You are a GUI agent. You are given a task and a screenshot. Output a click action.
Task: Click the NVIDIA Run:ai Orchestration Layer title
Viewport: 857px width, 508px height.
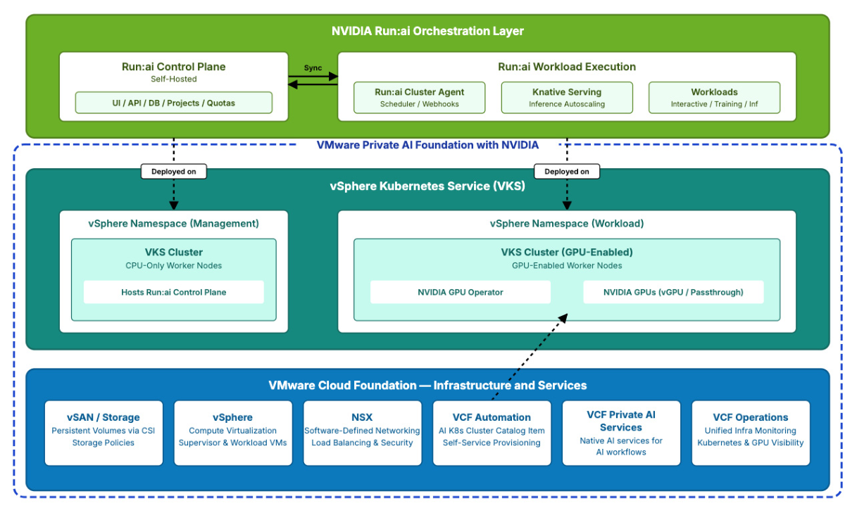tap(427, 31)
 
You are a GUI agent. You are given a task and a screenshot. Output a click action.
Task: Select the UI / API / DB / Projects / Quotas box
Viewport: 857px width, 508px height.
tap(174, 103)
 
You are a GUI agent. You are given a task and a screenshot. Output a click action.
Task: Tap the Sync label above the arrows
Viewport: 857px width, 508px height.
tap(313, 68)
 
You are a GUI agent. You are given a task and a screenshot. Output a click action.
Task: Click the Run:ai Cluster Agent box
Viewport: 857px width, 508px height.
tap(419, 98)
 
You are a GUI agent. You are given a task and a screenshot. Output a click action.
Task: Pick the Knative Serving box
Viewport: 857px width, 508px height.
tap(567, 98)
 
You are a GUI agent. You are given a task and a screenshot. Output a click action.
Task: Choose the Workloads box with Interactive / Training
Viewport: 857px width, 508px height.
tap(714, 98)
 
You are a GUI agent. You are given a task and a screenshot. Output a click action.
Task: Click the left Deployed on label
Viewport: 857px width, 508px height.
tap(174, 171)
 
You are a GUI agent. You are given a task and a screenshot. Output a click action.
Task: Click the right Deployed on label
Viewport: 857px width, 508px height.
tap(567, 171)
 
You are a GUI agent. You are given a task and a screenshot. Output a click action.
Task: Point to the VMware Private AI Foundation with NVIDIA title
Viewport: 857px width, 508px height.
tap(427, 145)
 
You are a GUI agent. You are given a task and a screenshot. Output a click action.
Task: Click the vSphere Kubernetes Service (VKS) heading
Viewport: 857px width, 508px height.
tap(427, 186)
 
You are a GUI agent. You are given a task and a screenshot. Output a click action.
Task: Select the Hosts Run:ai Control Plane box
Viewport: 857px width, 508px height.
tap(174, 292)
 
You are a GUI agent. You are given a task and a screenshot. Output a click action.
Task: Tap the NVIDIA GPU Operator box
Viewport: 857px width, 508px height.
tap(461, 292)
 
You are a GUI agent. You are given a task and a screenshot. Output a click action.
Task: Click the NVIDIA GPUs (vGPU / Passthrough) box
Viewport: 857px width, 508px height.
tap(673, 292)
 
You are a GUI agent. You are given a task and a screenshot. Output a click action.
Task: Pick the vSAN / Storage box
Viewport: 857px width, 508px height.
tap(104, 433)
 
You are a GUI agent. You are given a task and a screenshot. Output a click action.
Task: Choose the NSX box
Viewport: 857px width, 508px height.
tap(363, 433)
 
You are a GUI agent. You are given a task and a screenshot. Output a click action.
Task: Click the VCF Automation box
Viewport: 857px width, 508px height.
tap(492, 433)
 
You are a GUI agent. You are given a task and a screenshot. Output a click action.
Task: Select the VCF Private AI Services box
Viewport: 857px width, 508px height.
tap(621, 433)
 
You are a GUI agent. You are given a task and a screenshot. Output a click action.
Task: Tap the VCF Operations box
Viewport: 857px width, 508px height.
tap(751, 433)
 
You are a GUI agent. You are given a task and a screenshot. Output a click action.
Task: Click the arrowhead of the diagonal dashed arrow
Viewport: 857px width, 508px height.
tap(563, 318)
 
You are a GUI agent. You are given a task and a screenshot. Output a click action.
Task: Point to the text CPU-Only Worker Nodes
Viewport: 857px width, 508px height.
tap(174, 266)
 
